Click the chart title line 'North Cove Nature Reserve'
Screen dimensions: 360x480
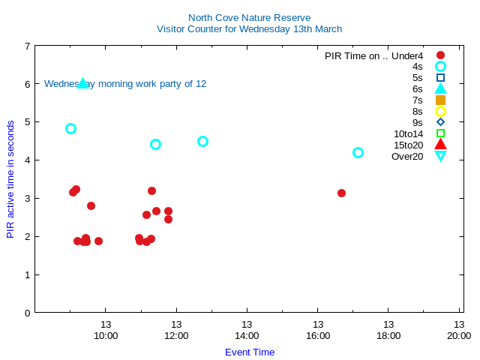click(x=249, y=18)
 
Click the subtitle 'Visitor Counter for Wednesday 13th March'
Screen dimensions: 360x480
click(x=249, y=29)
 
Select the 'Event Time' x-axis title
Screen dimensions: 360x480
click(x=250, y=352)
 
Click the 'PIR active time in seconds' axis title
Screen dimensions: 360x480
click(x=10, y=178)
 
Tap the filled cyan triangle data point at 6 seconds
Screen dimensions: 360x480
click(x=83, y=82)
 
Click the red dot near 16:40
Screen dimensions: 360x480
click(x=341, y=193)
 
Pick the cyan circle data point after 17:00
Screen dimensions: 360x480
click(x=358, y=152)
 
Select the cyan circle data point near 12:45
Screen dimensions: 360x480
click(x=202, y=141)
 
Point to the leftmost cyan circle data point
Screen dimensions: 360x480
click(x=70, y=128)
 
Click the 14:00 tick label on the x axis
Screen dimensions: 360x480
click(x=247, y=336)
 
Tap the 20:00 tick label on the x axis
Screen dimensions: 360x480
click(x=459, y=336)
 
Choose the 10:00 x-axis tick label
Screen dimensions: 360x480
click(x=106, y=336)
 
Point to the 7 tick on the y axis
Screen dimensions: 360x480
click(x=27, y=46)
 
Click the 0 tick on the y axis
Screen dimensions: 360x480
click(x=27, y=313)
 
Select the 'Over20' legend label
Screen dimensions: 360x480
click(x=407, y=157)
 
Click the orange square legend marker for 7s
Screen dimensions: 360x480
click(x=440, y=100)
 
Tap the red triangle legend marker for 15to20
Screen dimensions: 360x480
click(x=440, y=145)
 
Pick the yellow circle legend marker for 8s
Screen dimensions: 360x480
click(x=440, y=111)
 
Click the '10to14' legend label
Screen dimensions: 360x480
click(x=408, y=134)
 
